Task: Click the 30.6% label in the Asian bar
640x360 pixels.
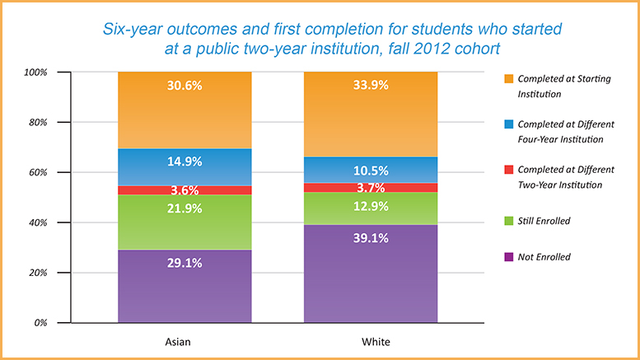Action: point(185,85)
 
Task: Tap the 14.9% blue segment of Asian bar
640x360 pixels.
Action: point(185,161)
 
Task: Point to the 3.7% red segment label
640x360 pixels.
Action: point(371,189)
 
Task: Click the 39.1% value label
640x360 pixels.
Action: point(371,239)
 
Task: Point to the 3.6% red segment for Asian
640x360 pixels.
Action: point(185,190)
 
